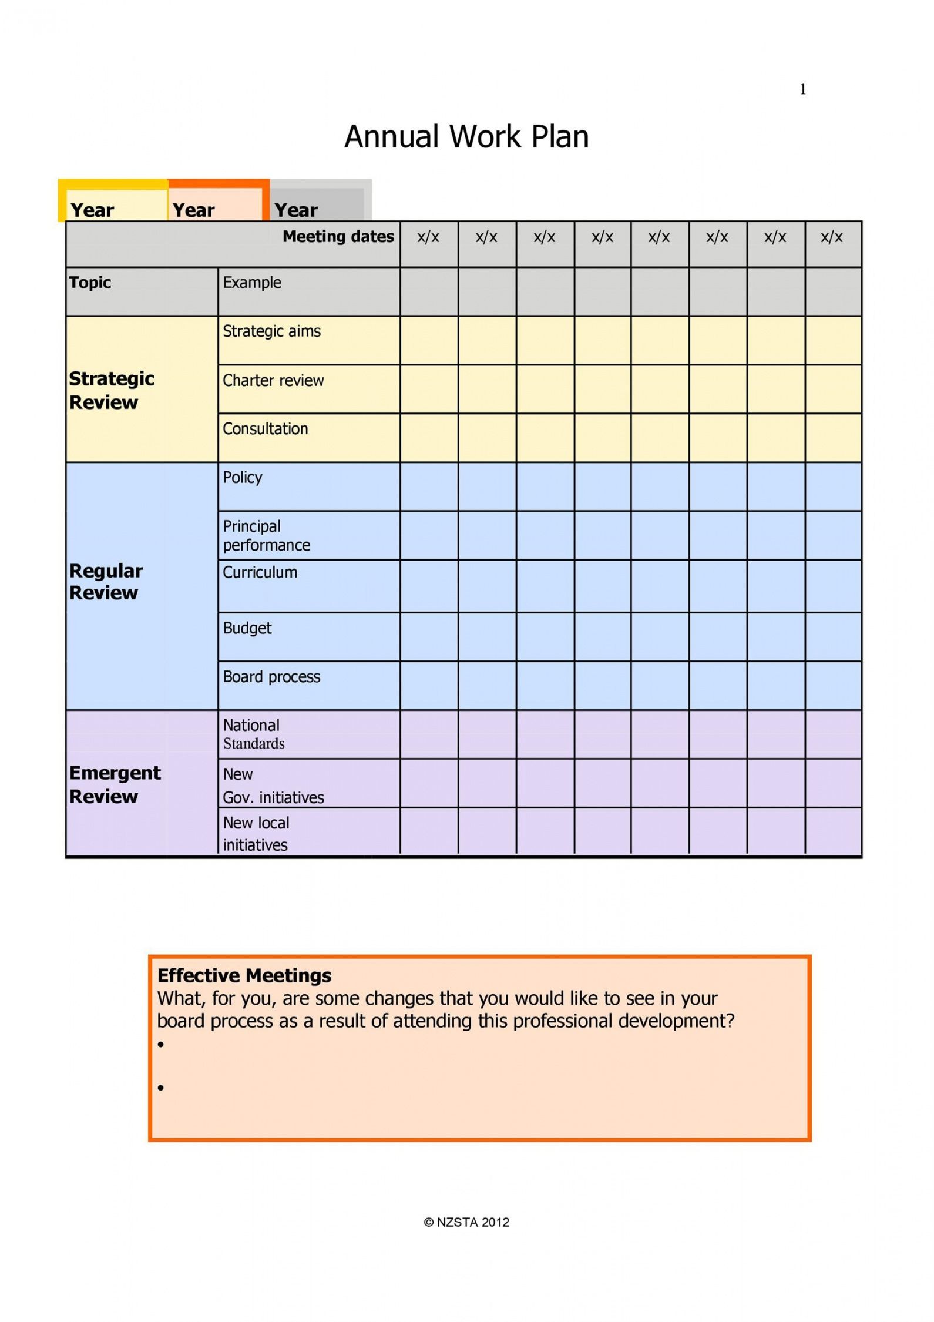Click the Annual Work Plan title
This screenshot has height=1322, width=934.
pyautogui.click(x=466, y=137)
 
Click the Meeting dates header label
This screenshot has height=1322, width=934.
pyautogui.click(x=338, y=237)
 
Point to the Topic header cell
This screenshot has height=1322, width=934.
pyautogui.click(x=90, y=283)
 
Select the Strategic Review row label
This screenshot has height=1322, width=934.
pyautogui.click(x=112, y=390)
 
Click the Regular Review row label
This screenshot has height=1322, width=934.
pyautogui.click(x=106, y=582)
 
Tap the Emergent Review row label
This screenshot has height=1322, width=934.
pyautogui.click(x=115, y=784)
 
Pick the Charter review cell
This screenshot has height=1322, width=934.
pyautogui.click(x=273, y=381)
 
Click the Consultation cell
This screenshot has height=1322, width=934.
pyautogui.click(x=265, y=429)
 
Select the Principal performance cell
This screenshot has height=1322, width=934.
pyautogui.click(x=266, y=535)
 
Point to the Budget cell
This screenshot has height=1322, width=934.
pyautogui.click(x=247, y=628)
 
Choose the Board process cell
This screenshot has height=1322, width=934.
pyautogui.click(x=271, y=677)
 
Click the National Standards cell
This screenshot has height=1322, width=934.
pyautogui.click(x=253, y=734)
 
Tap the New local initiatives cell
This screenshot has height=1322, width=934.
pyautogui.click(x=256, y=834)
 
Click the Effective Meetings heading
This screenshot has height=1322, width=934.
pyautogui.click(x=244, y=976)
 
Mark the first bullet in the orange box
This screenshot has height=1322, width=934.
pyautogui.click(x=161, y=1045)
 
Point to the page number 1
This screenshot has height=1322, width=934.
pyautogui.click(x=802, y=89)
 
